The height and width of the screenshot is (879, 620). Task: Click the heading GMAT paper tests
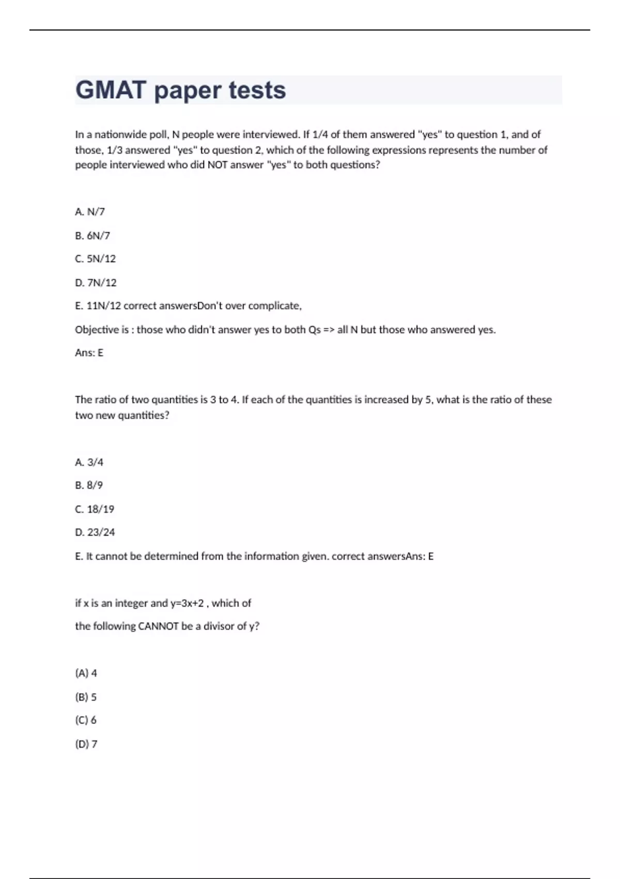coord(180,90)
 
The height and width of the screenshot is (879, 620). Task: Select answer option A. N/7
coord(90,211)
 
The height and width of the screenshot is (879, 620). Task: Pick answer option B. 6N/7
coord(92,235)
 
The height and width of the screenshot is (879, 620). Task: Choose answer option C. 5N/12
coord(96,259)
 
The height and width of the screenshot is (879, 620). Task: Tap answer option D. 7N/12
coord(96,282)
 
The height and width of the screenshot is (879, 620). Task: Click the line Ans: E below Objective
coord(89,353)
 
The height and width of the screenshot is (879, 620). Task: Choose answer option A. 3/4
coord(89,462)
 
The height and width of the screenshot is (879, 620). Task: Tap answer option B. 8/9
coord(89,485)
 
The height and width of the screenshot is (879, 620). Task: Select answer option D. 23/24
coord(95,532)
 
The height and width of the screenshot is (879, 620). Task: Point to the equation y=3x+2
coord(187,603)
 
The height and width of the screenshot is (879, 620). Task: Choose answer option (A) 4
coord(86,673)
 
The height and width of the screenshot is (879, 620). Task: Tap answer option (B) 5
coord(86,697)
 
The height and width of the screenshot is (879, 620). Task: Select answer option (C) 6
coord(86,720)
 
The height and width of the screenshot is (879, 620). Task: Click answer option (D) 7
coord(86,744)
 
